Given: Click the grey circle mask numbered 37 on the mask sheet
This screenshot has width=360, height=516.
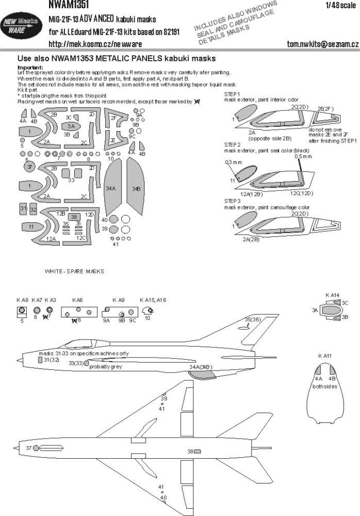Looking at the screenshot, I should coord(30,167).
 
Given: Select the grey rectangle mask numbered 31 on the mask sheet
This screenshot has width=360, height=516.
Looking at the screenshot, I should coord(23,208).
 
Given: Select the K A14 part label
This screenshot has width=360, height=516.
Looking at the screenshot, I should coord(333,295).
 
